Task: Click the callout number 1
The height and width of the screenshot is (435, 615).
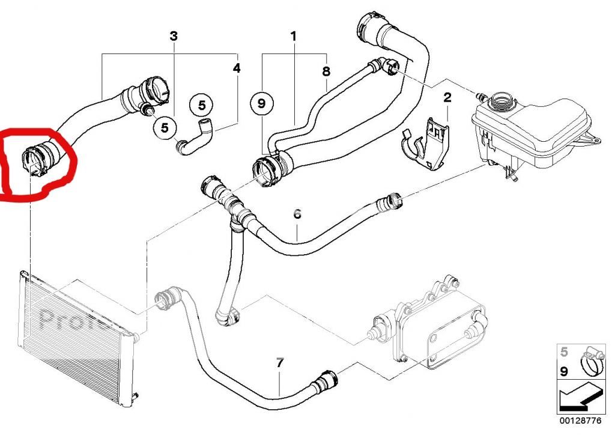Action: [294, 37]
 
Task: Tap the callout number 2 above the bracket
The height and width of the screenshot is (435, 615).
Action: [447, 97]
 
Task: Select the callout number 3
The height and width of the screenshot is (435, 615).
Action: [174, 36]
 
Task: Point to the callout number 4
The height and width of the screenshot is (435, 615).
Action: [237, 68]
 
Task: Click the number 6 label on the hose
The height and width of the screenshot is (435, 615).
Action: [297, 213]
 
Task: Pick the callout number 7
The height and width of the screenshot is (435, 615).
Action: [279, 363]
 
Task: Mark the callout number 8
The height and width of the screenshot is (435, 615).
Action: [326, 71]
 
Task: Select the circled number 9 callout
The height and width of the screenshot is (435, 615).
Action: [261, 104]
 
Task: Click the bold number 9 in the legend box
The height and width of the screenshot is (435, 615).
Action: [563, 371]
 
